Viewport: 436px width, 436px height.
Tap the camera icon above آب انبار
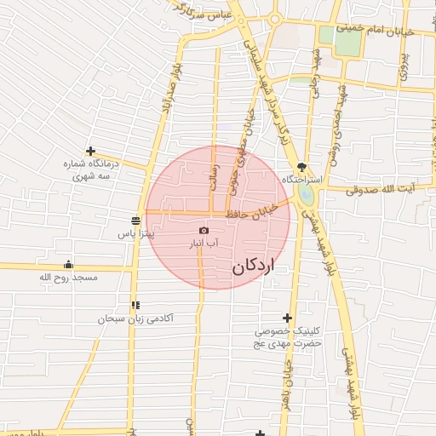[204, 230]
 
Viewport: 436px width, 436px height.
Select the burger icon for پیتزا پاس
[137, 218]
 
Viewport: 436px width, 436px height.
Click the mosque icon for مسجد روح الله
[69, 264]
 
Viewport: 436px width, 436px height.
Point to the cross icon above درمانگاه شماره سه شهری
[90, 151]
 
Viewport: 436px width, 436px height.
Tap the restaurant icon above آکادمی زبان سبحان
[135, 305]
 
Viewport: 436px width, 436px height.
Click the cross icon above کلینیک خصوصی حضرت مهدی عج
[287, 318]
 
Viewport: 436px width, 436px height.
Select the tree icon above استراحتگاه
[301, 167]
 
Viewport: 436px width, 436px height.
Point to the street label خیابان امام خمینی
[375, 29]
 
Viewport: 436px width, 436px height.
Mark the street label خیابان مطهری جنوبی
[239, 149]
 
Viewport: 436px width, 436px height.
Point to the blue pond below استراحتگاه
[306, 196]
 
